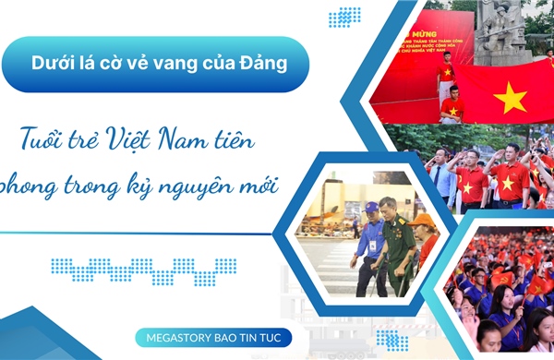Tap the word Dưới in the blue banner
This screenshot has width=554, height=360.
point(53,64)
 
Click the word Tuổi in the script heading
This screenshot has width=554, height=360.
point(41,143)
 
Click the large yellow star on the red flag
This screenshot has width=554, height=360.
point(509,96)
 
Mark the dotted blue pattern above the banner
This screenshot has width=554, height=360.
point(344,16)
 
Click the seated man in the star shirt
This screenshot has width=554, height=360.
point(451,105)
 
